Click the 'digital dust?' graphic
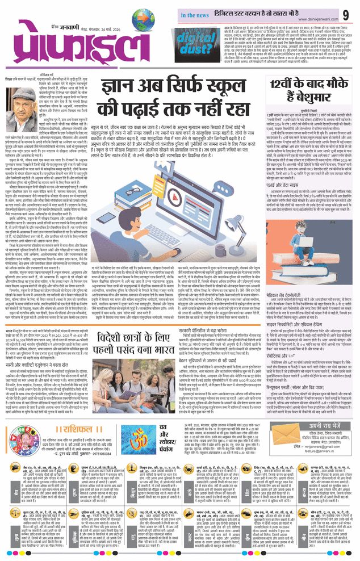(199, 43)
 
